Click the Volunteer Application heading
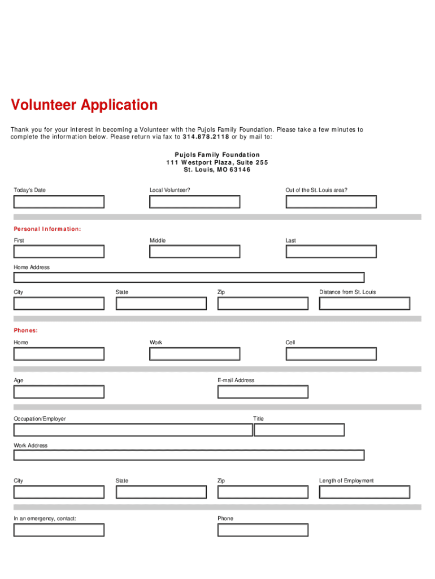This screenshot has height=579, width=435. tap(84, 105)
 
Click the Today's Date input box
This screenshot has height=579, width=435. tap(59, 202)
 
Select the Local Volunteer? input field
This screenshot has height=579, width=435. tap(195, 202)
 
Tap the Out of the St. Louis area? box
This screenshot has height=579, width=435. tap(331, 202)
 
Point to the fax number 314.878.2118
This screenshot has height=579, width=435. tap(206, 137)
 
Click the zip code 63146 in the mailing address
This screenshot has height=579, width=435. tap(240, 170)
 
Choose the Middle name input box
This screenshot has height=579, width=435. tap(195, 252)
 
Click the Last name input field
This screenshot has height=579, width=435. tap(331, 252)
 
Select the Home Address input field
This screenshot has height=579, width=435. tap(189, 278)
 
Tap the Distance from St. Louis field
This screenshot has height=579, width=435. tap(364, 304)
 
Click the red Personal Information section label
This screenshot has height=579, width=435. tap(47, 229)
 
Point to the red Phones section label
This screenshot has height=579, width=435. tap(26, 330)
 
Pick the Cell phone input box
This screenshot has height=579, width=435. tap(331, 354)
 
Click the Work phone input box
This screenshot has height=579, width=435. tap(195, 354)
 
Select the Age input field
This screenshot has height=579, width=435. tap(59, 392)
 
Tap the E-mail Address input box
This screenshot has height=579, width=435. tap(263, 392)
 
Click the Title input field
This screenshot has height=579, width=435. tap(299, 430)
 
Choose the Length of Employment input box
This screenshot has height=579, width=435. tap(364, 492)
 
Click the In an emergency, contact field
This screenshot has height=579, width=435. tap(59, 530)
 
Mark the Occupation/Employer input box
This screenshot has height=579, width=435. tap(133, 430)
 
